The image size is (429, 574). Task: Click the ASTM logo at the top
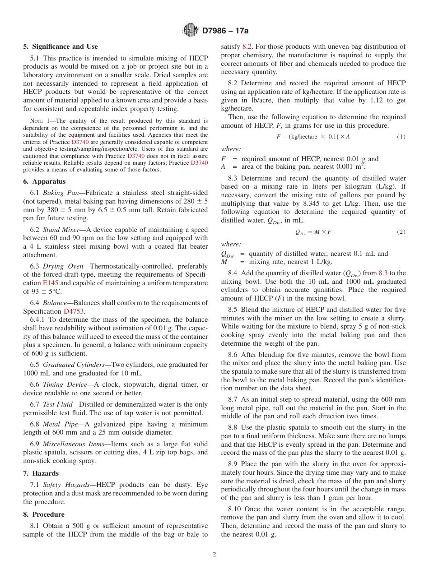click(x=191, y=30)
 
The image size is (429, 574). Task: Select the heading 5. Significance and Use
click(x=60, y=46)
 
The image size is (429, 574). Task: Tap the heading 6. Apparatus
click(x=44, y=181)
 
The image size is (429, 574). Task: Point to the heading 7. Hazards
click(x=41, y=473)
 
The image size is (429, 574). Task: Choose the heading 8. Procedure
click(x=44, y=514)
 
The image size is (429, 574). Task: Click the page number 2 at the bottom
click(x=214, y=555)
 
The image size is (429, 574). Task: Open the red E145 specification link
click(x=51, y=283)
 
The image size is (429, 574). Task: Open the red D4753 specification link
click(x=74, y=311)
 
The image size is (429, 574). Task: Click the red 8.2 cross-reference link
click(x=247, y=46)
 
